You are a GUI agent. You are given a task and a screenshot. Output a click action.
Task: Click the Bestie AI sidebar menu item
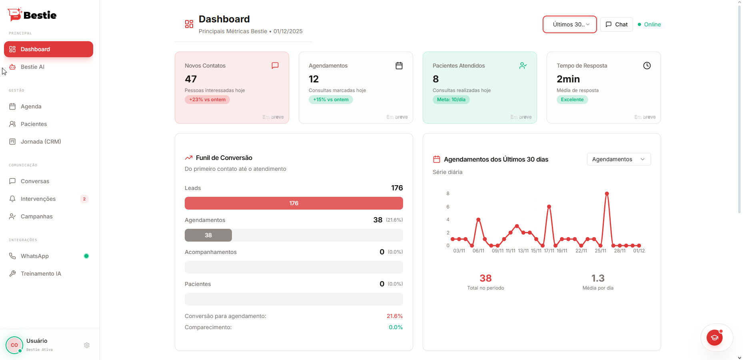pyautogui.click(x=32, y=67)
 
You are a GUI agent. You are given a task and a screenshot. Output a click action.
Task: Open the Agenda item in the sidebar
pyautogui.click(x=31, y=106)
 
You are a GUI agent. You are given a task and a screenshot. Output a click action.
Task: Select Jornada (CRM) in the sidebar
pyautogui.click(x=40, y=142)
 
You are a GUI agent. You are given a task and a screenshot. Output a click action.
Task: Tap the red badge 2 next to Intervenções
pyautogui.click(x=84, y=199)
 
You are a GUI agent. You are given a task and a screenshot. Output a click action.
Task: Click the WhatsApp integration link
pyautogui.click(x=34, y=256)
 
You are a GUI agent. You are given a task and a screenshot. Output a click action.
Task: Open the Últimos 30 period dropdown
pyautogui.click(x=569, y=24)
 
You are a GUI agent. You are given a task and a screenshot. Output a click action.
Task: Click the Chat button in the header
pyautogui.click(x=616, y=24)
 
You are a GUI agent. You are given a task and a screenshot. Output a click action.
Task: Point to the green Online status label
pyautogui.click(x=652, y=24)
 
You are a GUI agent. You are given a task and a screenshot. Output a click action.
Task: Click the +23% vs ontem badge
pyautogui.click(x=207, y=100)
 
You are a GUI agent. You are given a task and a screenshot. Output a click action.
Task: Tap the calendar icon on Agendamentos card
pyautogui.click(x=399, y=66)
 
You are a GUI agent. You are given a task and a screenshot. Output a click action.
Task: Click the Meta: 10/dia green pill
pyautogui.click(x=451, y=100)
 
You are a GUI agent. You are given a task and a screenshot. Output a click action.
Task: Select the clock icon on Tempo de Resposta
pyautogui.click(x=647, y=66)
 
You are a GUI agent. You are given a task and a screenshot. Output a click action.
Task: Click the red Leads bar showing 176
pyautogui.click(x=294, y=203)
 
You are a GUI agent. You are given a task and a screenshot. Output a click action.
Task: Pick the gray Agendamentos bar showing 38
pyautogui.click(x=208, y=235)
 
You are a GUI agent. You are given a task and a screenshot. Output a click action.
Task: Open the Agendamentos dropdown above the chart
pyautogui.click(x=618, y=159)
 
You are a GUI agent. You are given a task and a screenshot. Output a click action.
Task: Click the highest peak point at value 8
pyautogui.click(x=607, y=194)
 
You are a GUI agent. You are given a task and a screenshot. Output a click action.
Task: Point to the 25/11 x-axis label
pyautogui.click(x=600, y=251)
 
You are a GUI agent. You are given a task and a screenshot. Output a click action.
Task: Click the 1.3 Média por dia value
pyautogui.click(x=597, y=278)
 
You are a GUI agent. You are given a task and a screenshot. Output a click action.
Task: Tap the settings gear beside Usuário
pyautogui.click(x=87, y=345)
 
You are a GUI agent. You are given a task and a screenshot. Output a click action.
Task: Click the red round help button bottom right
pyautogui.click(x=714, y=338)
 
